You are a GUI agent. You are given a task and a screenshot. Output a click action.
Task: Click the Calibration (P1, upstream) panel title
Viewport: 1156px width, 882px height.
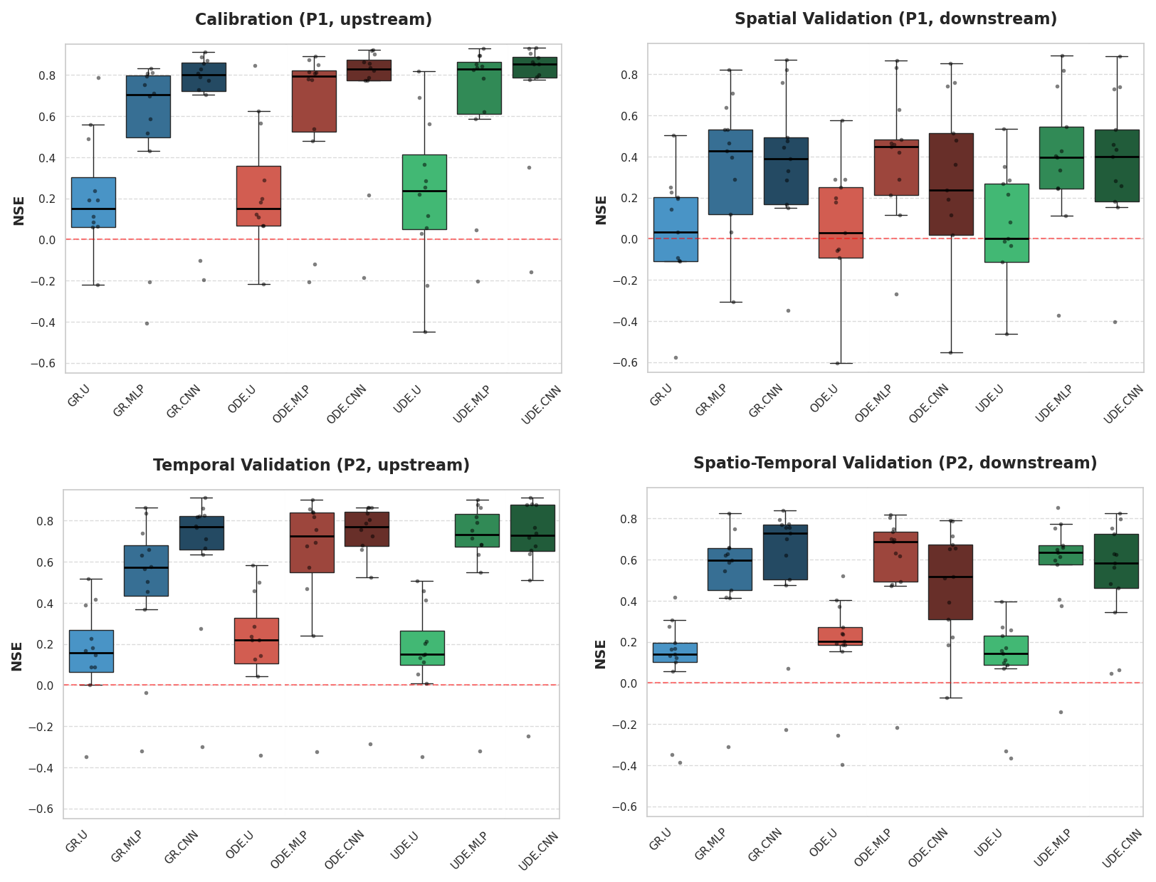coord(313,20)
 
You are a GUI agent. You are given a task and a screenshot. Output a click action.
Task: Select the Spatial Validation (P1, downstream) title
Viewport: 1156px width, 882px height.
coord(895,19)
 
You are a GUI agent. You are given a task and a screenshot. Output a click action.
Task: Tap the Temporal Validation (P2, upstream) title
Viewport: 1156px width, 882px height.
coord(311,466)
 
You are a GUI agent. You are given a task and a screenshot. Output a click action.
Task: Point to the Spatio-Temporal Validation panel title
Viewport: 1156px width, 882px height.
coord(895,463)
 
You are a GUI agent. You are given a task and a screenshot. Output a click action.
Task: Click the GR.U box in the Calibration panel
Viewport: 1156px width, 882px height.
coord(93,202)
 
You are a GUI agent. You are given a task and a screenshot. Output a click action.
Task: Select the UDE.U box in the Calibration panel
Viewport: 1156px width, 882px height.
coord(424,192)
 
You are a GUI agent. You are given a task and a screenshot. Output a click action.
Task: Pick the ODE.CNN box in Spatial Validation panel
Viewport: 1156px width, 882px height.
coord(951,184)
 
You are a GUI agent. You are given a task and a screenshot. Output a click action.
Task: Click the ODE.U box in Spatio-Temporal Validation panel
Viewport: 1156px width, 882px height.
coord(840,636)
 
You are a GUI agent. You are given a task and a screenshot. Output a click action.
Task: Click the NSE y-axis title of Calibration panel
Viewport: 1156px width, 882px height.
coord(19,210)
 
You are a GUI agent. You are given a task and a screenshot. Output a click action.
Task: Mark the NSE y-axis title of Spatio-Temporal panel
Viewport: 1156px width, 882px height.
coord(601,653)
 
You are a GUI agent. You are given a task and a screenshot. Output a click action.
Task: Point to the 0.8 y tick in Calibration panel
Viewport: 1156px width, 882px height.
coord(47,75)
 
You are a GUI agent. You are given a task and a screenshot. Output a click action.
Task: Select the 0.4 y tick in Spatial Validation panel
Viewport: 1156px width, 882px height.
coord(630,157)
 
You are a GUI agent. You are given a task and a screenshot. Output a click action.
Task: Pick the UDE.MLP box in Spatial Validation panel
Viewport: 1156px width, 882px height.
coord(1061,158)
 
